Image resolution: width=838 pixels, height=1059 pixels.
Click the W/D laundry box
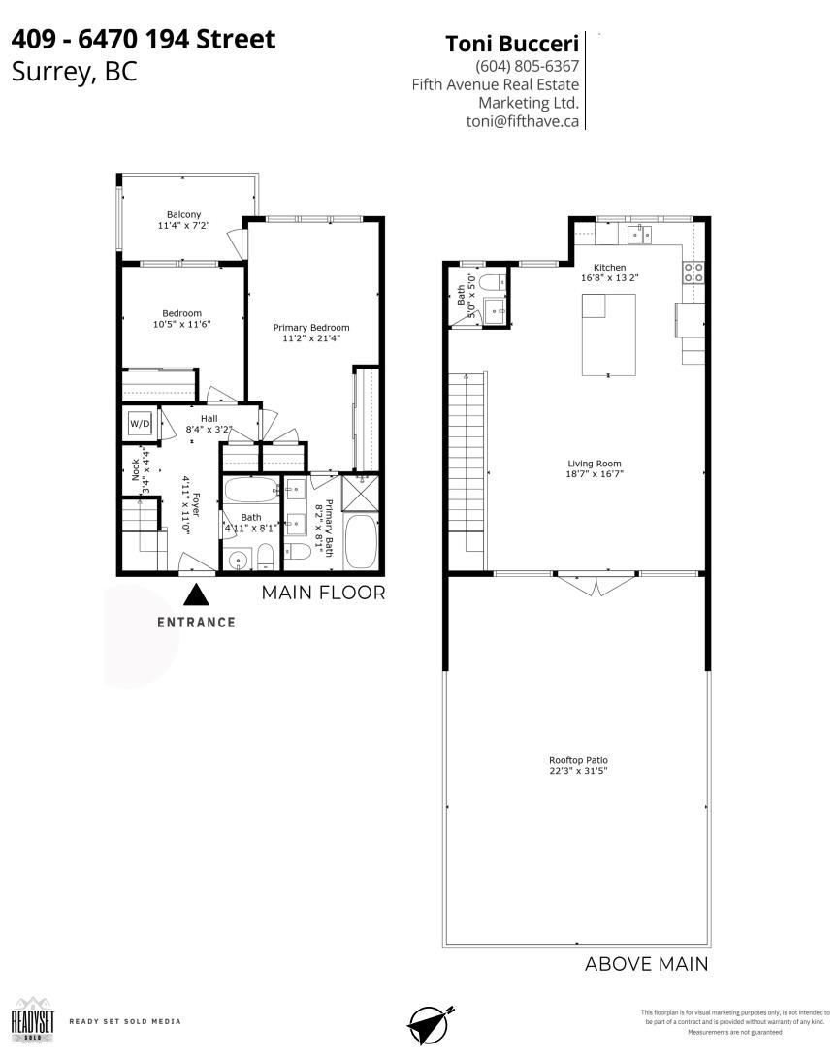pos(140,424)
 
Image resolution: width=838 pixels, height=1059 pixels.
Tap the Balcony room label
pos(183,214)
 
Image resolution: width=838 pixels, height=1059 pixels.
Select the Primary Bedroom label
pos(310,328)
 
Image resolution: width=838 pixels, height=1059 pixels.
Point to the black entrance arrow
pos(196,594)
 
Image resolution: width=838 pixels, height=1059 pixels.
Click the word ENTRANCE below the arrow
pos(196,623)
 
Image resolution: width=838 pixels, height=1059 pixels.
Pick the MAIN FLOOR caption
pos(323,593)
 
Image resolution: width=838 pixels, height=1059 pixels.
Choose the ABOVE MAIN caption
pos(646,964)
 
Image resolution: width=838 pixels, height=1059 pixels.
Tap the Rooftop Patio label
pos(578,760)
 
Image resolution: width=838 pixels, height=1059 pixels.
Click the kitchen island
pos(609,335)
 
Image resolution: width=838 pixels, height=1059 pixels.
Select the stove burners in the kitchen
pos(693,273)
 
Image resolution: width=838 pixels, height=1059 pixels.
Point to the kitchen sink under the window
pos(640,234)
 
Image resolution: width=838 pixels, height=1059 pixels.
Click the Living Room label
pos(594,464)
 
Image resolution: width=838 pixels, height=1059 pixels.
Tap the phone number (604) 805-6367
pos(527,67)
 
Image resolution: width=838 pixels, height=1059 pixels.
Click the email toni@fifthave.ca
pos(522,121)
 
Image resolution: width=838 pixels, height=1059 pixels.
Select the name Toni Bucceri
pos(511,43)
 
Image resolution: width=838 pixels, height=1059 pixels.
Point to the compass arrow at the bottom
pos(430,1023)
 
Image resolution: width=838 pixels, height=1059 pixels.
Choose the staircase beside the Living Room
pos(466,471)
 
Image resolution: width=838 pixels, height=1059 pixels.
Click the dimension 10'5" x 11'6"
pos(181,325)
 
